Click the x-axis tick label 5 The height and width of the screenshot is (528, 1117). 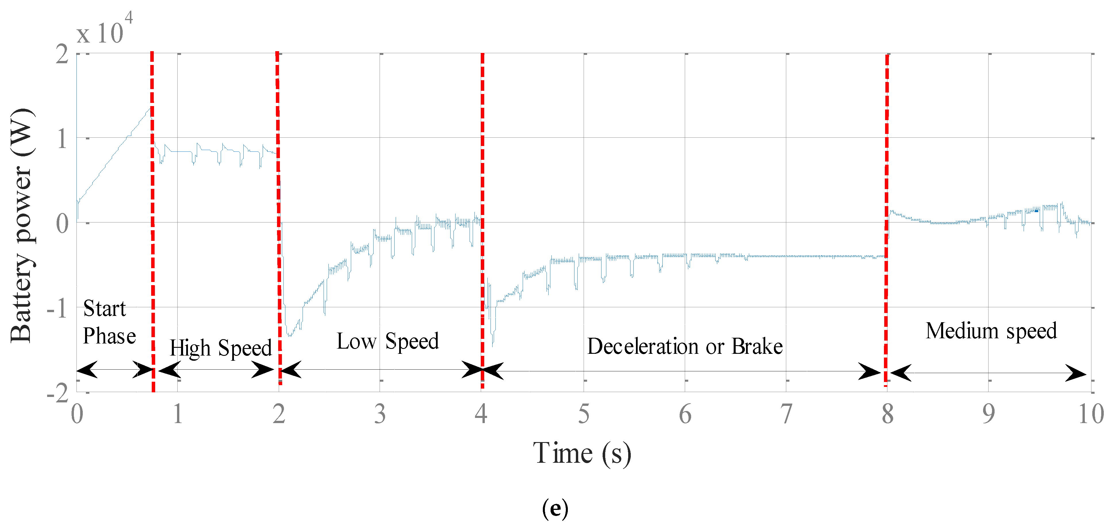pyautogui.click(x=584, y=414)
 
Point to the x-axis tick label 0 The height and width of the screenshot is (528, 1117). pyautogui.click(x=77, y=414)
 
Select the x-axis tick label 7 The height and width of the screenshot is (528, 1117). pyautogui.click(x=786, y=414)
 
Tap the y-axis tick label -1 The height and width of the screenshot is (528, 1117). pyautogui.click(x=58, y=309)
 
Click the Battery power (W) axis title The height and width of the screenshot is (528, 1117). pyautogui.click(x=22, y=226)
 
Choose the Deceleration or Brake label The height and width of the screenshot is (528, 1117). pyautogui.click(x=685, y=347)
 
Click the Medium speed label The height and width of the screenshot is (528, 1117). pyautogui.click(x=991, y=331)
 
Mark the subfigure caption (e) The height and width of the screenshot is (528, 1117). pyautogui.click(x=555, y=508)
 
